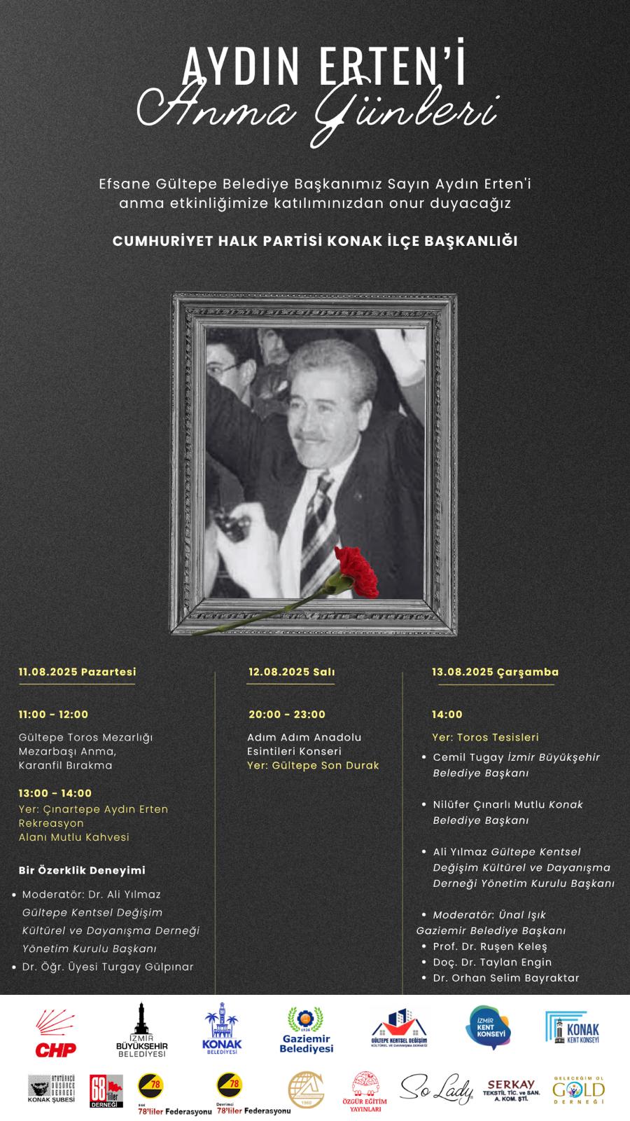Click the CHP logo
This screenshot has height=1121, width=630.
click(x=55, y=1033)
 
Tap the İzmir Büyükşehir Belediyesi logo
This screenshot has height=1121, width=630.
click(x=142, y=1030)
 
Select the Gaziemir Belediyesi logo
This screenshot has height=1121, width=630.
click(x=307, y=1030)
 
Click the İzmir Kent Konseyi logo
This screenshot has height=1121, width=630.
click(x=489, y=1028)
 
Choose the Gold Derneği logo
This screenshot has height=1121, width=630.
click(x=578, y=1090)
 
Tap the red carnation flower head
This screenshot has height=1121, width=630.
click(x=356, y=570)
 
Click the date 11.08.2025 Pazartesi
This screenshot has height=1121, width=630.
click(x=78, y=672)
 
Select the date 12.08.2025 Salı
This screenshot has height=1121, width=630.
click(x=291, y=672)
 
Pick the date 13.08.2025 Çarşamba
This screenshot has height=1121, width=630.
click(x=495, y=672)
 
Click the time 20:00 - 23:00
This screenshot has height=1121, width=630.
click(x=287, y=715)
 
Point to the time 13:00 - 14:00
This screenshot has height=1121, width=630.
click(x=55, y=793)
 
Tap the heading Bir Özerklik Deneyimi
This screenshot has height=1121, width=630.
click(x=82, y=870)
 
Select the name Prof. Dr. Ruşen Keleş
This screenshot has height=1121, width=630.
click(x=490, y=947)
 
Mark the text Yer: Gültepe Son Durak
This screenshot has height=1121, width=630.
click(x=313, y=766)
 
